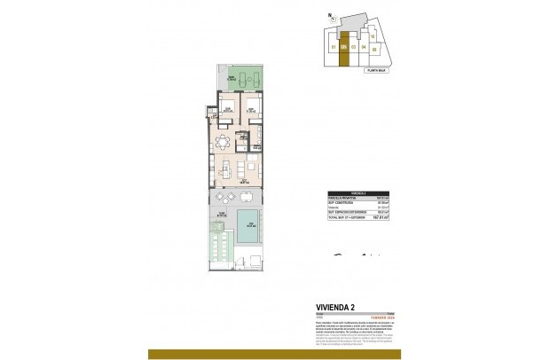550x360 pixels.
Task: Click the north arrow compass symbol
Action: (x=330, y=15)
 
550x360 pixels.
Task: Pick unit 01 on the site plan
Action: (x=333, y=46)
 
